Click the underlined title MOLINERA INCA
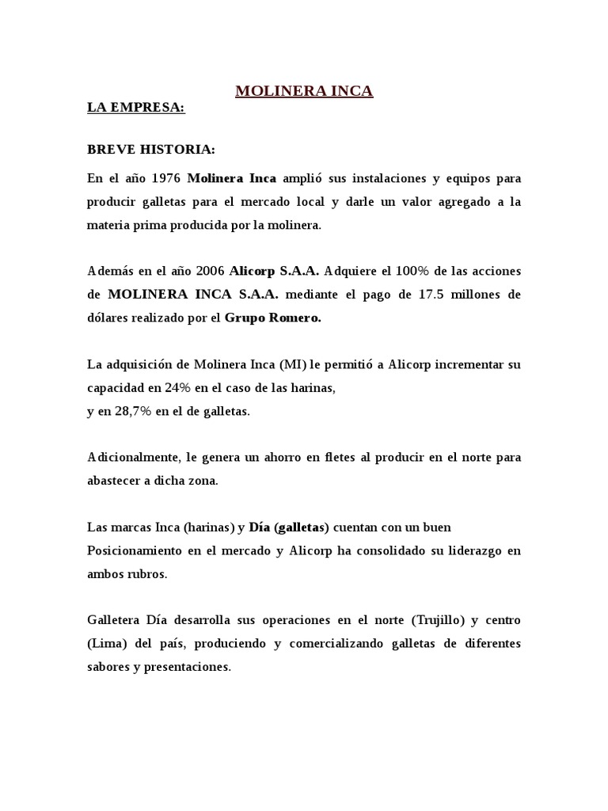tap(304, 92)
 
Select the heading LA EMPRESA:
tap(135, 108)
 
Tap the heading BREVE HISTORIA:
tap(150, 150)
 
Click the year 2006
tap(208, 271)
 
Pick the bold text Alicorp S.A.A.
tap(274, 271)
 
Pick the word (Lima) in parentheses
tap(103, 643)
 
